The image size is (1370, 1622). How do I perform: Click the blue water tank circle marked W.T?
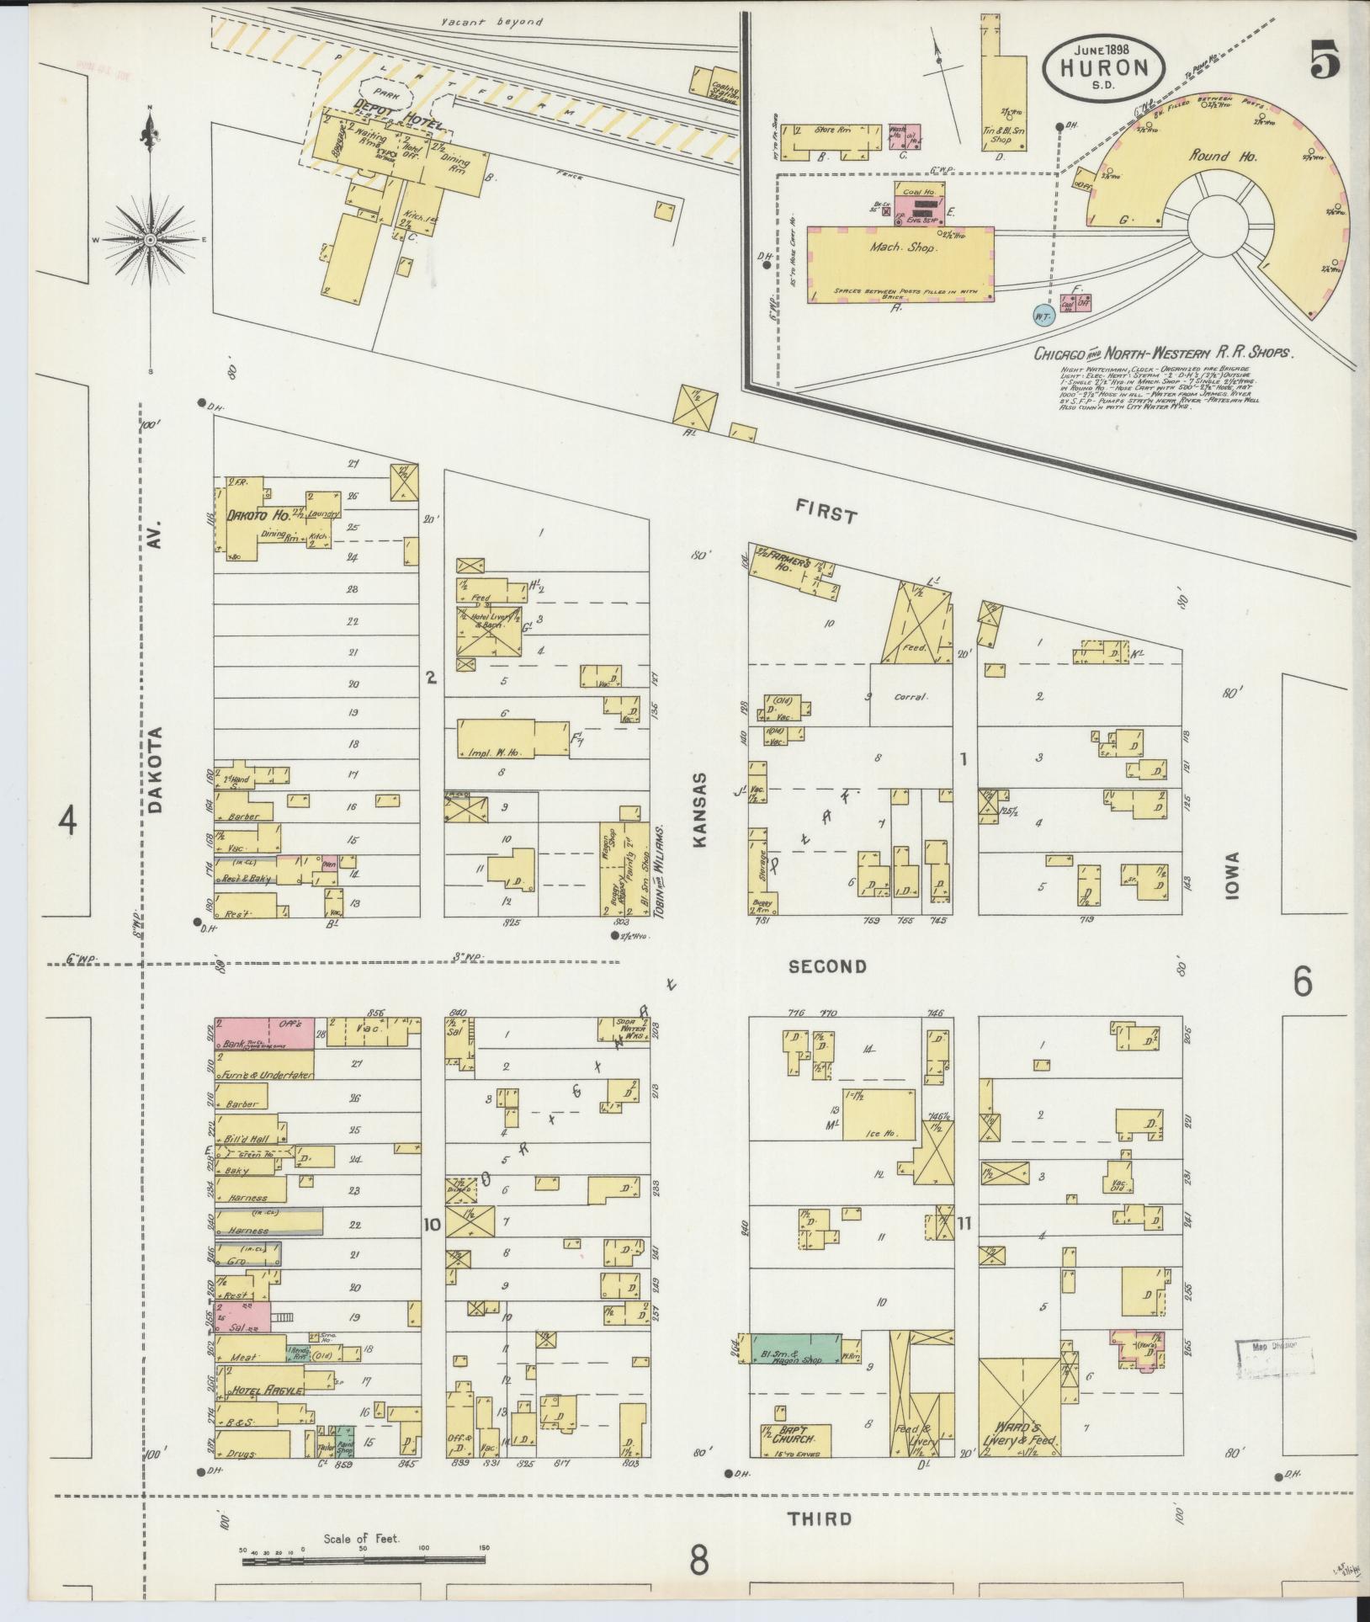click(x=1043, y=316)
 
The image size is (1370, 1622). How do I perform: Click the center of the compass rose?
click(x=150, y=240)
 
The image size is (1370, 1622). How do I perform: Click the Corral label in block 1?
click(x=909, y=697)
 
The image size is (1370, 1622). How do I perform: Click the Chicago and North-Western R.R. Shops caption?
click(x=1161, y=353)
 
